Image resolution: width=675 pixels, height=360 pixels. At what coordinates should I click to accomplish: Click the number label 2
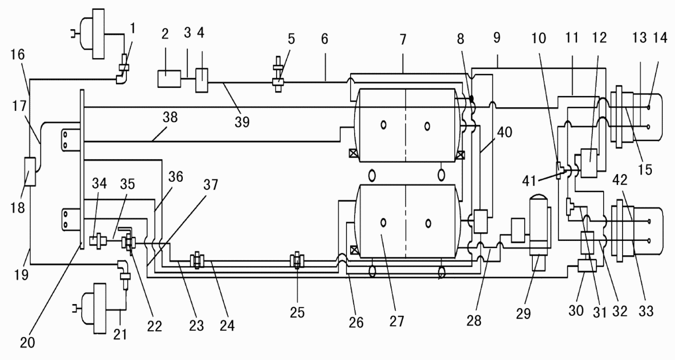165,34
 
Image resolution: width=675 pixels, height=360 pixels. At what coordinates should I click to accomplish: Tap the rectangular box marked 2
169,79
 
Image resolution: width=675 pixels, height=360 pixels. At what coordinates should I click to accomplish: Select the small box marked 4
202,80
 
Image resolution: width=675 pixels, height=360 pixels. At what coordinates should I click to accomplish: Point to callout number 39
242,122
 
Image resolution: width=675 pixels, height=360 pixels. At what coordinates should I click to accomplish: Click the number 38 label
170,117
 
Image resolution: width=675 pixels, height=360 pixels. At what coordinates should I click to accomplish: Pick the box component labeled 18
30,172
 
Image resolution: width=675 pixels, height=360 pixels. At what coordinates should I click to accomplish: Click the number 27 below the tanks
397,321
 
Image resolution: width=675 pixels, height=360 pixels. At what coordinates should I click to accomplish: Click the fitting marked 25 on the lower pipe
297,261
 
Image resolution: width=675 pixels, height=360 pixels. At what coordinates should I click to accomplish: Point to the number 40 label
505,132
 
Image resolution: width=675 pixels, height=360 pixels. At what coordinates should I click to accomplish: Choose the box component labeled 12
589,163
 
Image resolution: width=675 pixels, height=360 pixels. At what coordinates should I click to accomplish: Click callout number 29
523,314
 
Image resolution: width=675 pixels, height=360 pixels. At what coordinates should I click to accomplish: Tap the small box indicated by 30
587,266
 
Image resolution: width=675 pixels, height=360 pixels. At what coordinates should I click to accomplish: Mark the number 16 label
17,54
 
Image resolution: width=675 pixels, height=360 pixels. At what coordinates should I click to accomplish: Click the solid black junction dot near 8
472,99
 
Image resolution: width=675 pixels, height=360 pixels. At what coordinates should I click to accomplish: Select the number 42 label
620,180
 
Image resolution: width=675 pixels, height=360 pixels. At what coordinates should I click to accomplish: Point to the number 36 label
176,177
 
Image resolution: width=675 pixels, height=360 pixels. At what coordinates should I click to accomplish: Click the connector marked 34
98,241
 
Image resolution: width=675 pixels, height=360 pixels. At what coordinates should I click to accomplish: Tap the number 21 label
120,335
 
